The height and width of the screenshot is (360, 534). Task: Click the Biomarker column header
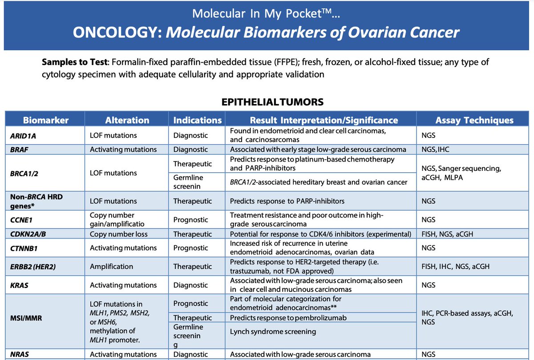click(45, 120)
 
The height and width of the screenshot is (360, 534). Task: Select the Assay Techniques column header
click(474, 120)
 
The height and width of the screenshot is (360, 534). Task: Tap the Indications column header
click(197, 120)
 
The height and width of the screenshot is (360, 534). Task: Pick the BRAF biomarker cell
click(20, 150)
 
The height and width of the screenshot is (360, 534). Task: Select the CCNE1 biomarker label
click(22, 219)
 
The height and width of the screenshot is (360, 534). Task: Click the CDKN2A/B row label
click(28, 234)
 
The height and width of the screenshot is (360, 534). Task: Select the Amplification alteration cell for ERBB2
click(111, 267)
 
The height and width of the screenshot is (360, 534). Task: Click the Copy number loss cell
click(118, 234)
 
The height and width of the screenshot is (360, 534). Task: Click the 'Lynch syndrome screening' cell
click(273, 332)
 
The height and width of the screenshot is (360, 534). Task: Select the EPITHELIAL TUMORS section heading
click(272, 102)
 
